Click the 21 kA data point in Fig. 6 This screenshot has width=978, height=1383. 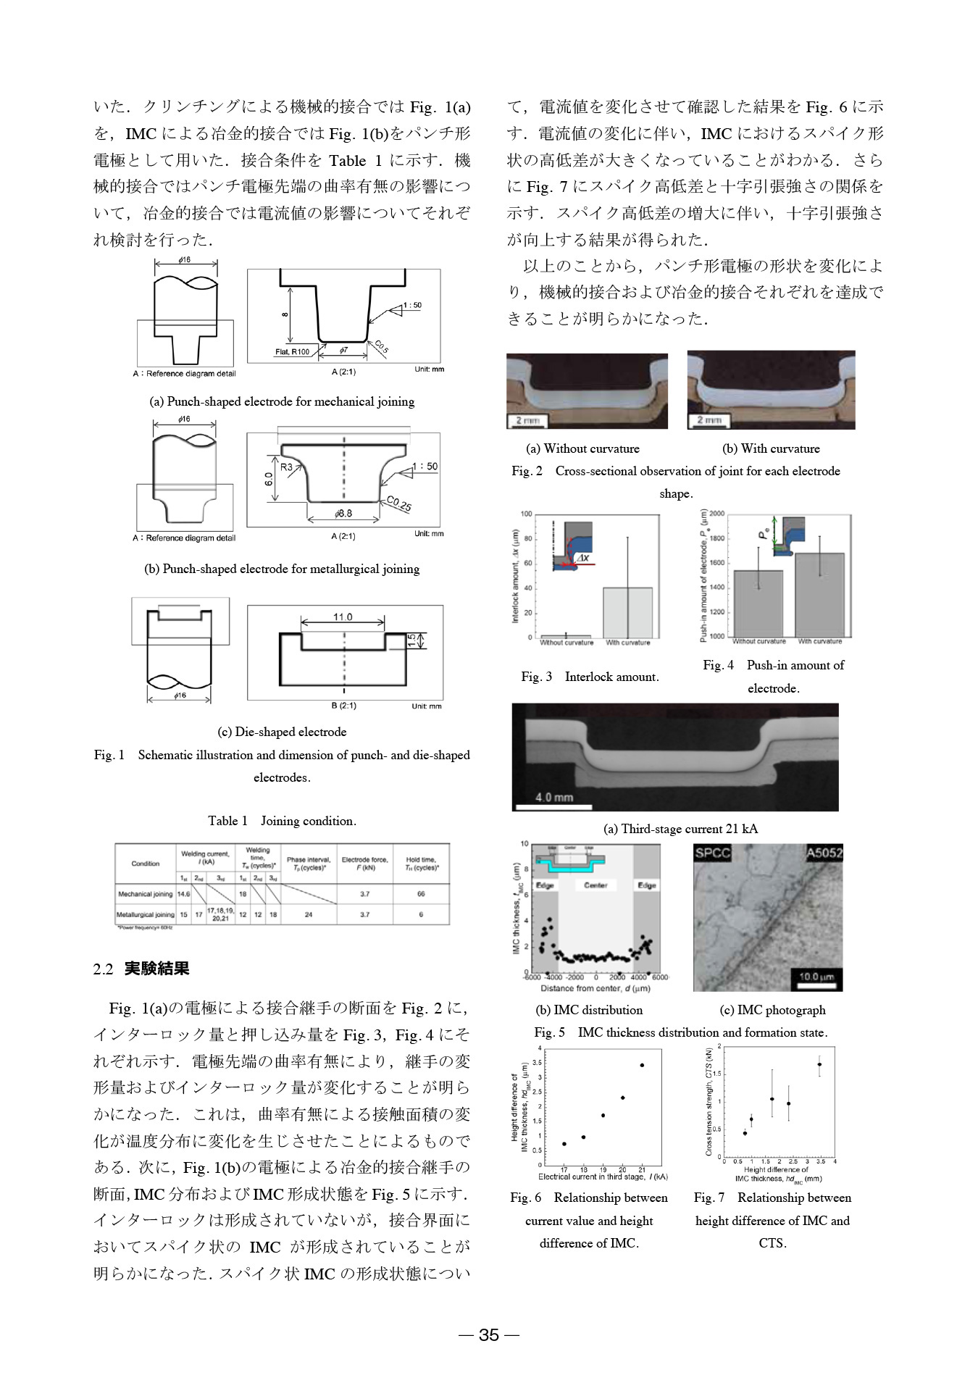click(x=642, y=1065)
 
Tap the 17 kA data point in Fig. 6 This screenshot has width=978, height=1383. click(x=564, y=1144)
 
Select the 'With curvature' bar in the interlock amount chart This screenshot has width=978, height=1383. click(x=628, y=612)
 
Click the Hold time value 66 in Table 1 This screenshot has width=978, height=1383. click(x=421, y=894)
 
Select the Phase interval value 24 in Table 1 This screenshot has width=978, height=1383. click(x=309, y=914)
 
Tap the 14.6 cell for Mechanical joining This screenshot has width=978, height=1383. click(x=183, y=894)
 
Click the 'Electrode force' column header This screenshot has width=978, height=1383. click(x=364, y=863)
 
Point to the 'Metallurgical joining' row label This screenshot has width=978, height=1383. click(x=145, y=914)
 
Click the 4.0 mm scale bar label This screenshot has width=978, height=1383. click(x=554, y=797)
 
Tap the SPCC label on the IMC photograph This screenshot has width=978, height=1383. click(x=712, y=853)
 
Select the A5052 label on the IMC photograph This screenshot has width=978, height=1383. click(x=824, y=853)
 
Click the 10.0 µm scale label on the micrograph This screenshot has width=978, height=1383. click(x=817, y=977)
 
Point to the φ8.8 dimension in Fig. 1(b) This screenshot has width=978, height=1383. click(x=343, y=514)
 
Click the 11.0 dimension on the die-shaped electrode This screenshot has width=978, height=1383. click(x=343, y=617)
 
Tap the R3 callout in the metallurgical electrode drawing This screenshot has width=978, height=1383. click(x=286, y=467)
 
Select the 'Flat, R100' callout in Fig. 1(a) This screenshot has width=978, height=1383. click(x=292, y=352)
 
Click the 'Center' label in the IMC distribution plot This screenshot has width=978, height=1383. click(x=595, y=885)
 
